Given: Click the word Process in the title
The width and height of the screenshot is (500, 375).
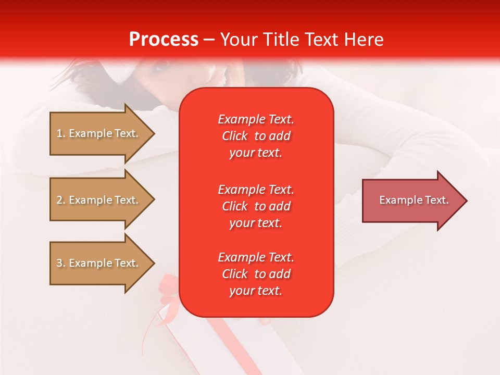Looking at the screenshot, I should pyautogui.click(x=164, y=40).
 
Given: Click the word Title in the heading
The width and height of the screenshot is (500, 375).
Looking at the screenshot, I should pyautogui.click(x=281, y=40).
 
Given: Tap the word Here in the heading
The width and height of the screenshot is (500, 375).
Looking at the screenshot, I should pyautogui.click(x=363, y=40).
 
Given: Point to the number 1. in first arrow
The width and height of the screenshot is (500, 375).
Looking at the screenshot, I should pyautogui.click(x=61, y=133).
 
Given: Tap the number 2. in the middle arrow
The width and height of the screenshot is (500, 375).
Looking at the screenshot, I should pyautogui.click(x=61, y=200).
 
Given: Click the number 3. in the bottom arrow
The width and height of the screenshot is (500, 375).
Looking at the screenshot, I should pyautogui.click(x=61, y=263).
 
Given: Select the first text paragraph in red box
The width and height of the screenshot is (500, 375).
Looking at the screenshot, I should pyautogui.click(x=256, y=136).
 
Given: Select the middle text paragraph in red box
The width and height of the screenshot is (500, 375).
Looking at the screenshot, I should pyautogui.click(x=256, y=206).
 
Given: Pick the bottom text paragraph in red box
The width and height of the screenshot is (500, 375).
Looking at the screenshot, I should pyautogui.click(x=256, y=274).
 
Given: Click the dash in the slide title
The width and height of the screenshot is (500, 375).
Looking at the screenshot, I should pyautogui.click(x=209, y=40).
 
